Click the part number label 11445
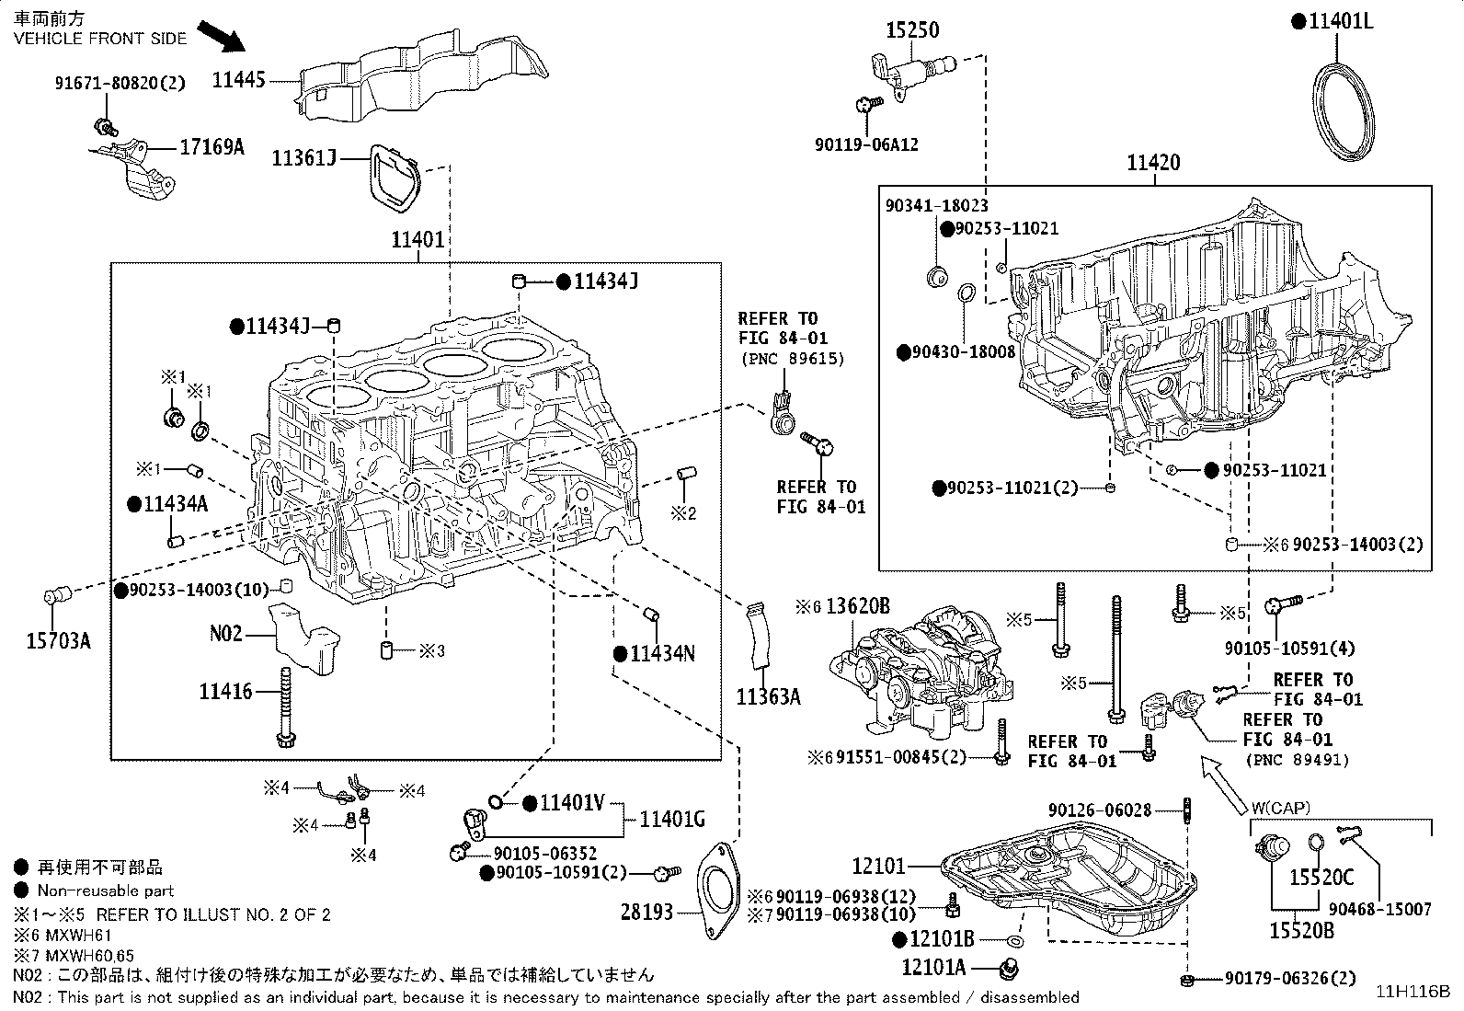point(238,80)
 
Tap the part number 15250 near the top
point(912,30)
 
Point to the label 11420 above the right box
point(1154,163)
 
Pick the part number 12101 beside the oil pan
point(879,866)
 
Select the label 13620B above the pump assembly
point(858,606)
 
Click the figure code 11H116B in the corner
point(1413,992)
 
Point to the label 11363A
point(768,696)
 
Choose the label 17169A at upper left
point(212,145)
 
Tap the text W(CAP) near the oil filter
point(1280,808)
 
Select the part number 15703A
point(57,640)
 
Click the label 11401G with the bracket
point(672,818)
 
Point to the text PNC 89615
point(792,359)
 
